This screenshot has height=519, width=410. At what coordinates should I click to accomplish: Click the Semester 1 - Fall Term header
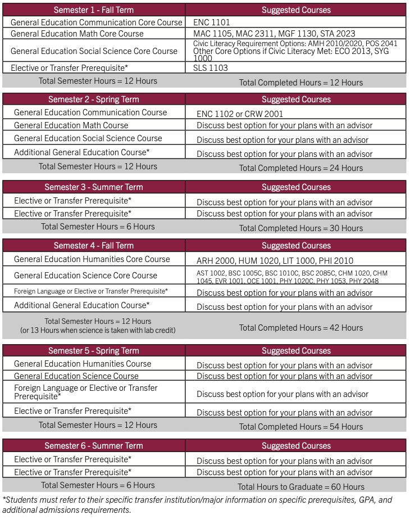tap(94, 10)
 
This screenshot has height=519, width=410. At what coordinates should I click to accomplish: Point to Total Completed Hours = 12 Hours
tap(301, 83)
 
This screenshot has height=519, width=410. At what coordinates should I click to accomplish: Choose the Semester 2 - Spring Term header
tap(94, 100)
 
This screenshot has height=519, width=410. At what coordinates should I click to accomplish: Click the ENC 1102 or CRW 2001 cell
tap(240, 114)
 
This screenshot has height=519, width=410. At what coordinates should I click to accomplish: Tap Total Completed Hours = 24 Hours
tap(301, 168)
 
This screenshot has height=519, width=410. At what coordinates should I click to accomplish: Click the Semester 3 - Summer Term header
tap(94, 187)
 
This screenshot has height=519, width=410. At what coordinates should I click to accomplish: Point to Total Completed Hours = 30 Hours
tap(301, 228)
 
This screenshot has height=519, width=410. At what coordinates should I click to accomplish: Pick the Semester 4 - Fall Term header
tap(94, 246)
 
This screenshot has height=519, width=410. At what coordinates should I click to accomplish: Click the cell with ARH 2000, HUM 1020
tap(275, 261)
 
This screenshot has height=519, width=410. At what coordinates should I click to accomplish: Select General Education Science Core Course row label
tap(85, 276)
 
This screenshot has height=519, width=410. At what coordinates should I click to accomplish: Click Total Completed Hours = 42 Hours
tap(301, 328)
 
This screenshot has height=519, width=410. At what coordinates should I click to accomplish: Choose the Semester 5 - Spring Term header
tap(94, 351)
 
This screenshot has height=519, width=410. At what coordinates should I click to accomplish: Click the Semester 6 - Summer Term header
tap(94, 446)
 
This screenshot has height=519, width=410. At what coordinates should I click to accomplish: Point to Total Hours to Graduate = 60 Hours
tap(301, 487)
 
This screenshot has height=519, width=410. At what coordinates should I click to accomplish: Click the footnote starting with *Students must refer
tap(197, 505)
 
